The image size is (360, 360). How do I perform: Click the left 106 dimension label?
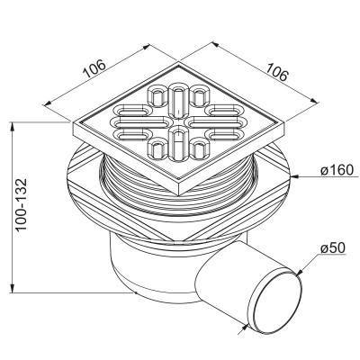click(94, 69)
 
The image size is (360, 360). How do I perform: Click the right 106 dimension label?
click(276, 72)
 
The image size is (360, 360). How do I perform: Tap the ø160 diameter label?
click(337, 170)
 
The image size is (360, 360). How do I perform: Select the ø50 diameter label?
click(333, 248)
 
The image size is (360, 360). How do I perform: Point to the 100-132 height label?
click(22, 205)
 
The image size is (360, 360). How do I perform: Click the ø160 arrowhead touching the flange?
click(294, 177)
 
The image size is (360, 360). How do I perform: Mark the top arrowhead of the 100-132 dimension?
click(13, 126)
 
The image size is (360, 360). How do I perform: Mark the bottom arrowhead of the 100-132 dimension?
click(13, 288)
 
